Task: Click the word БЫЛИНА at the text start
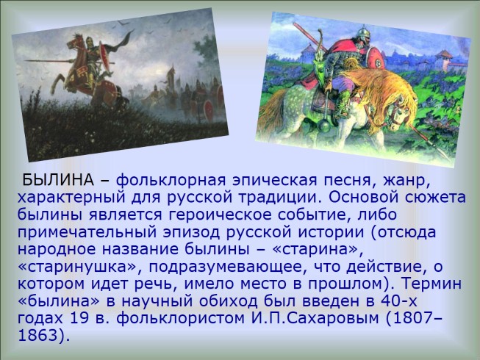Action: (x=58, y=180)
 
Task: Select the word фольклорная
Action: (x=171, y=181)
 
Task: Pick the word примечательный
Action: (x=87, y=232)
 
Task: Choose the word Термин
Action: (x=431, y=284)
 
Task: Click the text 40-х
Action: (x=399, y=301)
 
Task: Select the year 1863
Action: (x=37, y=336)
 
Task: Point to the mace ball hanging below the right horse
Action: (x=325, y=124)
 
